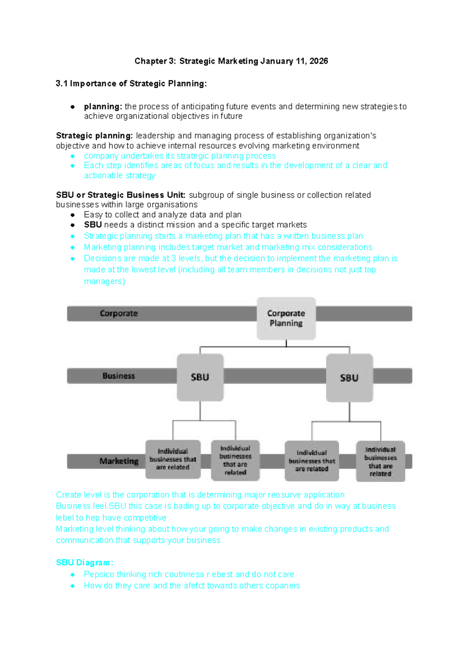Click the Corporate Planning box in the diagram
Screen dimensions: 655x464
click(x=286, y=318)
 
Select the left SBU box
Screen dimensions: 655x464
click(x=200, y=377)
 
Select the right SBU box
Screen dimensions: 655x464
click(x=349, y=378)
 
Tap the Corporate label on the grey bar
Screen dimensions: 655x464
click(x=119, y=314)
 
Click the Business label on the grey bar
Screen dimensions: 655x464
click(x=119, y=376)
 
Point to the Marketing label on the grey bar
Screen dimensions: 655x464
click(x=119, y=461)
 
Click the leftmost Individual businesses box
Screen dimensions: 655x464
click(x=173, y=459)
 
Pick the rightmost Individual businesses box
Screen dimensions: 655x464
click(x=380, y=461)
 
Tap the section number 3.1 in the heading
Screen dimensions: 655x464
click(x=61, y=84)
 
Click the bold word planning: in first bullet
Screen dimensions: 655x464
click(x=103, y=106)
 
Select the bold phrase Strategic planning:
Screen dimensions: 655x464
click(x=94, y=136)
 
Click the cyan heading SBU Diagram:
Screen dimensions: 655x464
click(x=84, y=563)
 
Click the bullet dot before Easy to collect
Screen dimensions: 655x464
click(x=73, y=215)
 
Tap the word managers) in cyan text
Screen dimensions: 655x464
click(x=104, y=281)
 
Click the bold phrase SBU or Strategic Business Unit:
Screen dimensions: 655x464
click(x=121, y=195)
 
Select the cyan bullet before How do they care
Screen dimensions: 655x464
click(x=73, y=586)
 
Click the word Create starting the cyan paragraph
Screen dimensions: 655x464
click(x=68, y=495)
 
